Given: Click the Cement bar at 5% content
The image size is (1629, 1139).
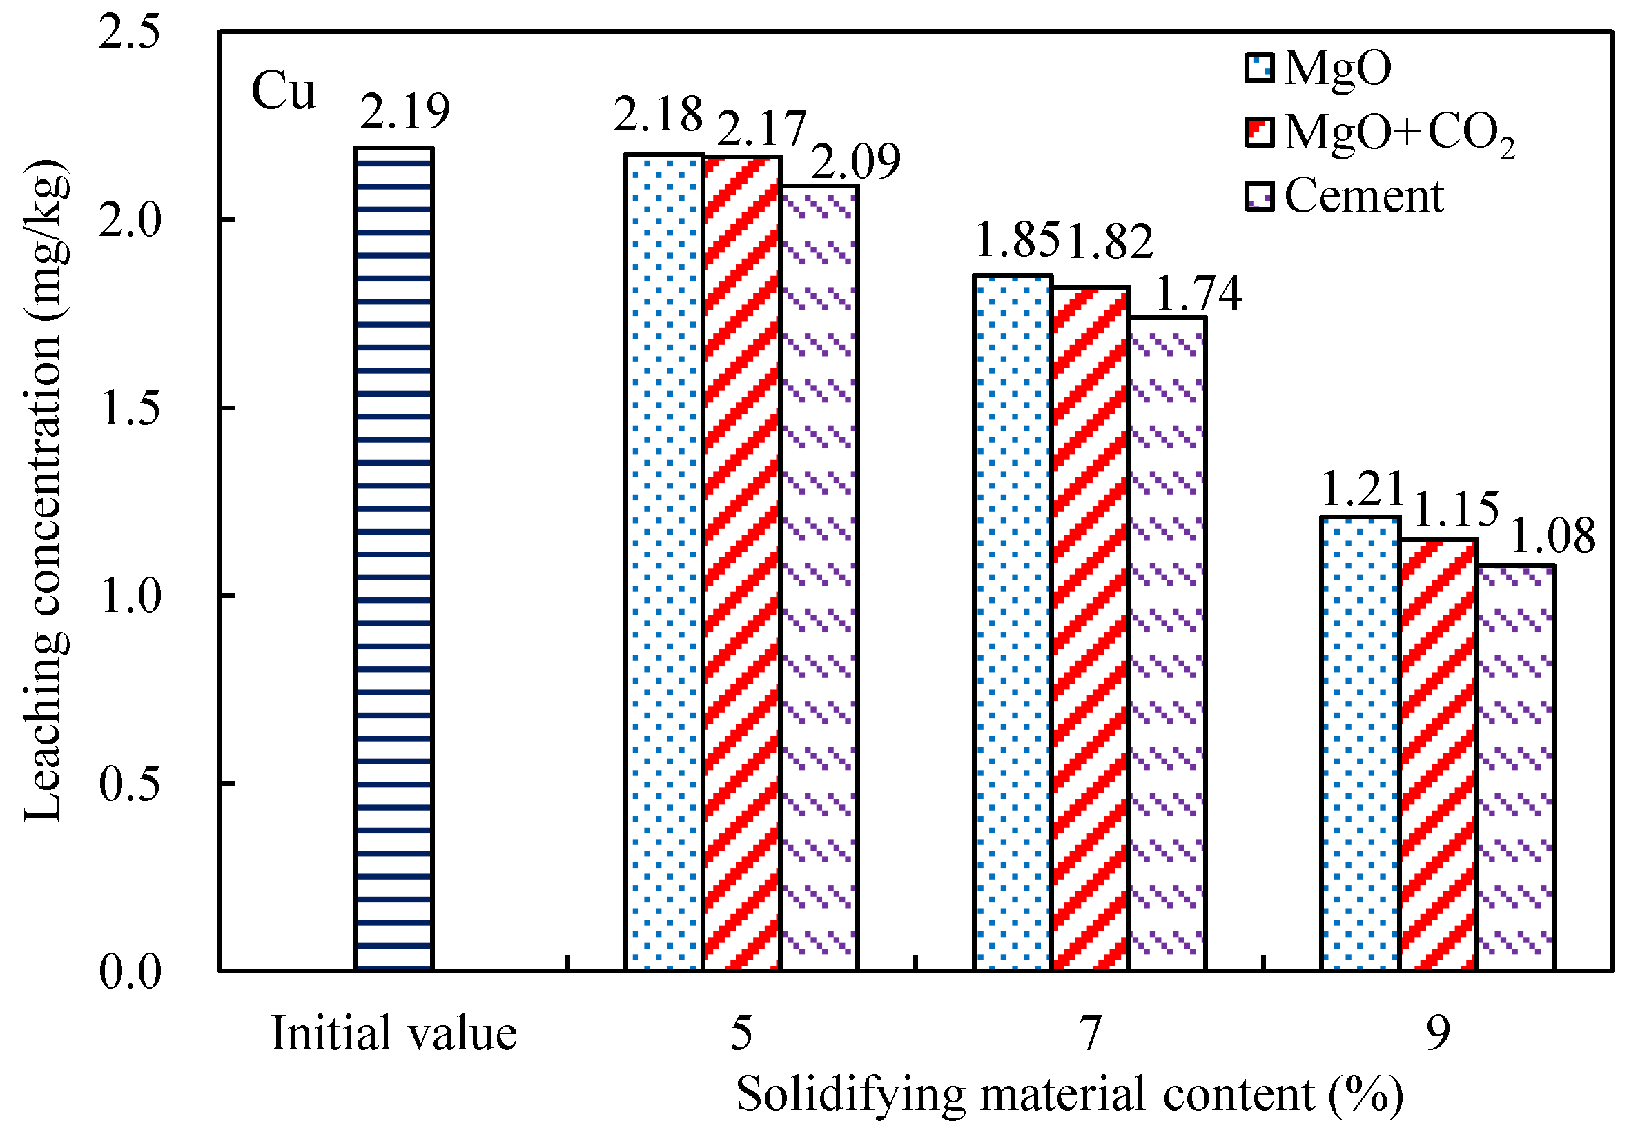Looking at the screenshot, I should coord(819,577).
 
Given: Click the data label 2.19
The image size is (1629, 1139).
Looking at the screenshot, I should coord(404,112).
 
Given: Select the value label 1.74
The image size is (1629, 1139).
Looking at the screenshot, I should coord(1198,294).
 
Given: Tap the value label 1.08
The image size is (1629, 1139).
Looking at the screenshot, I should coord(1552,536).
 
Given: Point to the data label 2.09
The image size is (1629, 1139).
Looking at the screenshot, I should coord(855,161).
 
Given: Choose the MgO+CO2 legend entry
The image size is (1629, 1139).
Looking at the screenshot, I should coord(1379,133).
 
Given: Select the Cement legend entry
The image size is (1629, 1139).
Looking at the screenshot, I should coord(1345,197).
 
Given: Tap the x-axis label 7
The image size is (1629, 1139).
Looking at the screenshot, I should coord(1090,1033).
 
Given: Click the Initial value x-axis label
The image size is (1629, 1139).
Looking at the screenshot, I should coord(393,1033).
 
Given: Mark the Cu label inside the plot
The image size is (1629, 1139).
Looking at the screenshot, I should coord(283,92).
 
